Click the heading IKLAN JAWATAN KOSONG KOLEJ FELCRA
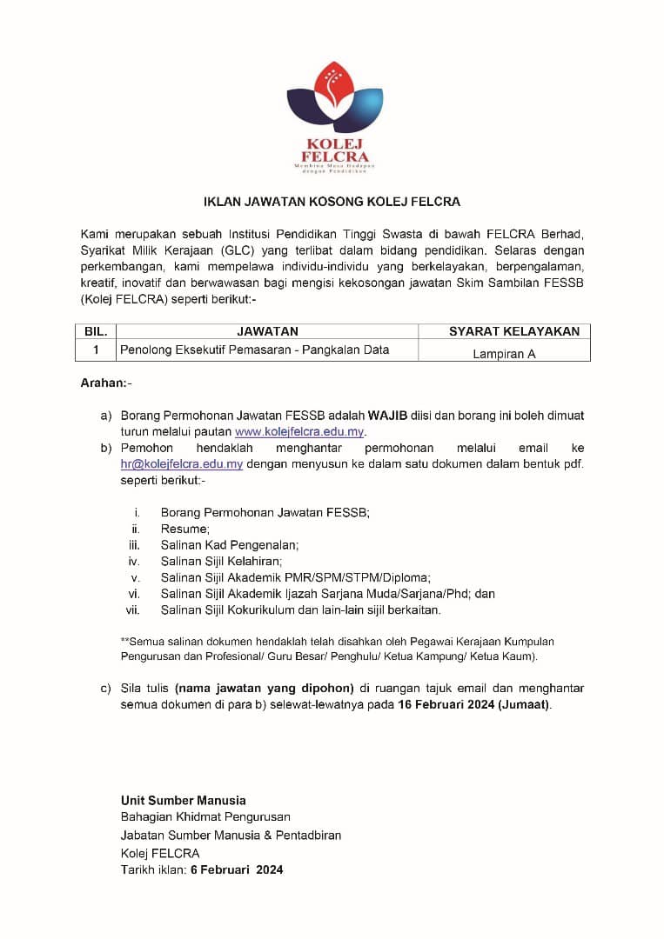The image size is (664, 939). pyautogui.click(x=332, y=202)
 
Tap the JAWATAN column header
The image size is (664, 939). pyautogui.click(x=267, y=331)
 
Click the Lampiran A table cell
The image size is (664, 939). pyautogui.click(x=504, y=354)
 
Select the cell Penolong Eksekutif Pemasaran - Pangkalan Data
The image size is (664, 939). pyautogui.click(x=254, y=350)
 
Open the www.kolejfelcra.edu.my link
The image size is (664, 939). pyautogui.click(x=299, y=431)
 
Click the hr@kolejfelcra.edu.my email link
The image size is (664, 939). pyautogui.click(x=182, y=463)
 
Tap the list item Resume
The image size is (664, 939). pyautogui.click(x=184, y=529)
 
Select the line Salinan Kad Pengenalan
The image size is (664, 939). pyautogui.click(x=230, y=545)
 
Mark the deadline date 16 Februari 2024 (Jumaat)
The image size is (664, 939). pyautogui.click(x=473, y=704)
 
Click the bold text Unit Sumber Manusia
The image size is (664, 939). pyautogui.click(x=183, y=800)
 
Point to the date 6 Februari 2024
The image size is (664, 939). pyautogui.click(x=237, y=869)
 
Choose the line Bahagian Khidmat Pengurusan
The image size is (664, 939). pyautogui.click(x=205, y=817)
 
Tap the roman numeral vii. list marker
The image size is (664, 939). pyautogui.click(x=133, y=610)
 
